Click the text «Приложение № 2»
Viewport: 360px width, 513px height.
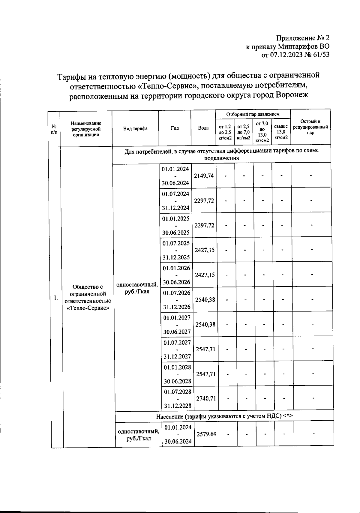(x=302, y=38)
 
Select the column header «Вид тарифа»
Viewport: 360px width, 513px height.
(x=135, y=128)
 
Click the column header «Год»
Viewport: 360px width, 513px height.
(x=175, y=128)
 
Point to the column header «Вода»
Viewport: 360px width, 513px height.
(x=203, y=128)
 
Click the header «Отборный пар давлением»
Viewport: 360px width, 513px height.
(x=253, y=114)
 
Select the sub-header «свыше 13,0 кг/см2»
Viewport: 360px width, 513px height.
(x=281, y=132)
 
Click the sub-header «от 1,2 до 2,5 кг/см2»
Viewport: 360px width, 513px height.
(x=225, y=132)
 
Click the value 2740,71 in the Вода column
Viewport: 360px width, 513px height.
(x=206, y=398)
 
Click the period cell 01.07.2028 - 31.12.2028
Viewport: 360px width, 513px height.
(x=178, y=398)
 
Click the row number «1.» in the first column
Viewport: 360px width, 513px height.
(x=56, y=298)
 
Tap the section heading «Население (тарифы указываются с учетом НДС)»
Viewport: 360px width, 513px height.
(x=224, y=416)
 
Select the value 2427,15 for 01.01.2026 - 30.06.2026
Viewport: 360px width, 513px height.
(x=205, y=275)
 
